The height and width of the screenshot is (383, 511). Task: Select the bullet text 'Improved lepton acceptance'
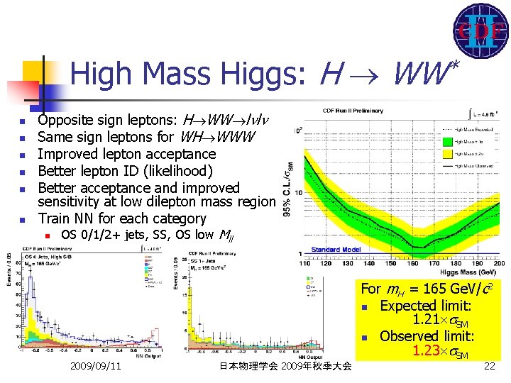(126, 154)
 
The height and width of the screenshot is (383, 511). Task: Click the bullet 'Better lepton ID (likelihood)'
(125, 171)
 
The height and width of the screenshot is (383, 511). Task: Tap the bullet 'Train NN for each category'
(122, 218)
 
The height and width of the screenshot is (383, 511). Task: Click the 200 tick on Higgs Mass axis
(496, 263)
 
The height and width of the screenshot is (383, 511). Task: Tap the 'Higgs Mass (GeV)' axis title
(468, 272)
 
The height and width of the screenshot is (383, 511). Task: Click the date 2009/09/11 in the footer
(96, 366)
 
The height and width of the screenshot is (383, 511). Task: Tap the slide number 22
(488, 366)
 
